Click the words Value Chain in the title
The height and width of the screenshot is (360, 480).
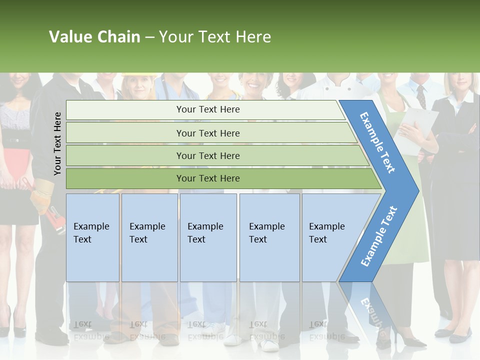94,37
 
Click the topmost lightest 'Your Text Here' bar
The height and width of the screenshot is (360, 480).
207,109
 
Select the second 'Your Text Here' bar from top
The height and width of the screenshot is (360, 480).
207,133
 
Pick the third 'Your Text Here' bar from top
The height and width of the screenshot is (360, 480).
207,155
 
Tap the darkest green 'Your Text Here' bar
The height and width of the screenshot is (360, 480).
207,178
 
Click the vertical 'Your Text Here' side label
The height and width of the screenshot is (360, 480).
57,143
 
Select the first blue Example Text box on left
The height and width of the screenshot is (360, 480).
92,237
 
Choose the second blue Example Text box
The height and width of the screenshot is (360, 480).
149,237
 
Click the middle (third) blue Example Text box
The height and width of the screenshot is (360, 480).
208,237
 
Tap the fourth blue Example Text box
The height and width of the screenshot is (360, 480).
269,237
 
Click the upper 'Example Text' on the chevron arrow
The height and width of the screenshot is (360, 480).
378,142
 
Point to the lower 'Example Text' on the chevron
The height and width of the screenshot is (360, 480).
379,236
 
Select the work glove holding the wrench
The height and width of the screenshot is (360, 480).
42,195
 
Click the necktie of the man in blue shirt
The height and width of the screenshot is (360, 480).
421,96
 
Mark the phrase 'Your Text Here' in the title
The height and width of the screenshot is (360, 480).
215,37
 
